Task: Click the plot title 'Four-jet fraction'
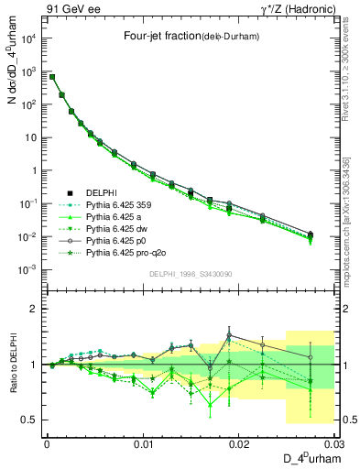[x=183, y=37]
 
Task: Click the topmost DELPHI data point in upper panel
[x=52, y=77]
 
